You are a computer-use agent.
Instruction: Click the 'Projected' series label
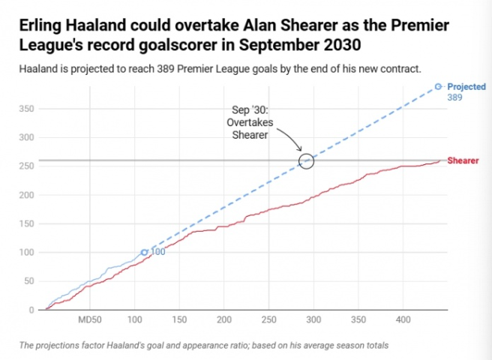pos(466,87)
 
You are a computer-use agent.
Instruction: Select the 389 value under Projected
pos(454,97)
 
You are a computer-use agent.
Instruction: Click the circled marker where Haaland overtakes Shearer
pos(306,160)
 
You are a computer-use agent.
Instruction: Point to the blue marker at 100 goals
pos(145,252)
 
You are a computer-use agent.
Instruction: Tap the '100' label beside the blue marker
pos(158,252)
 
